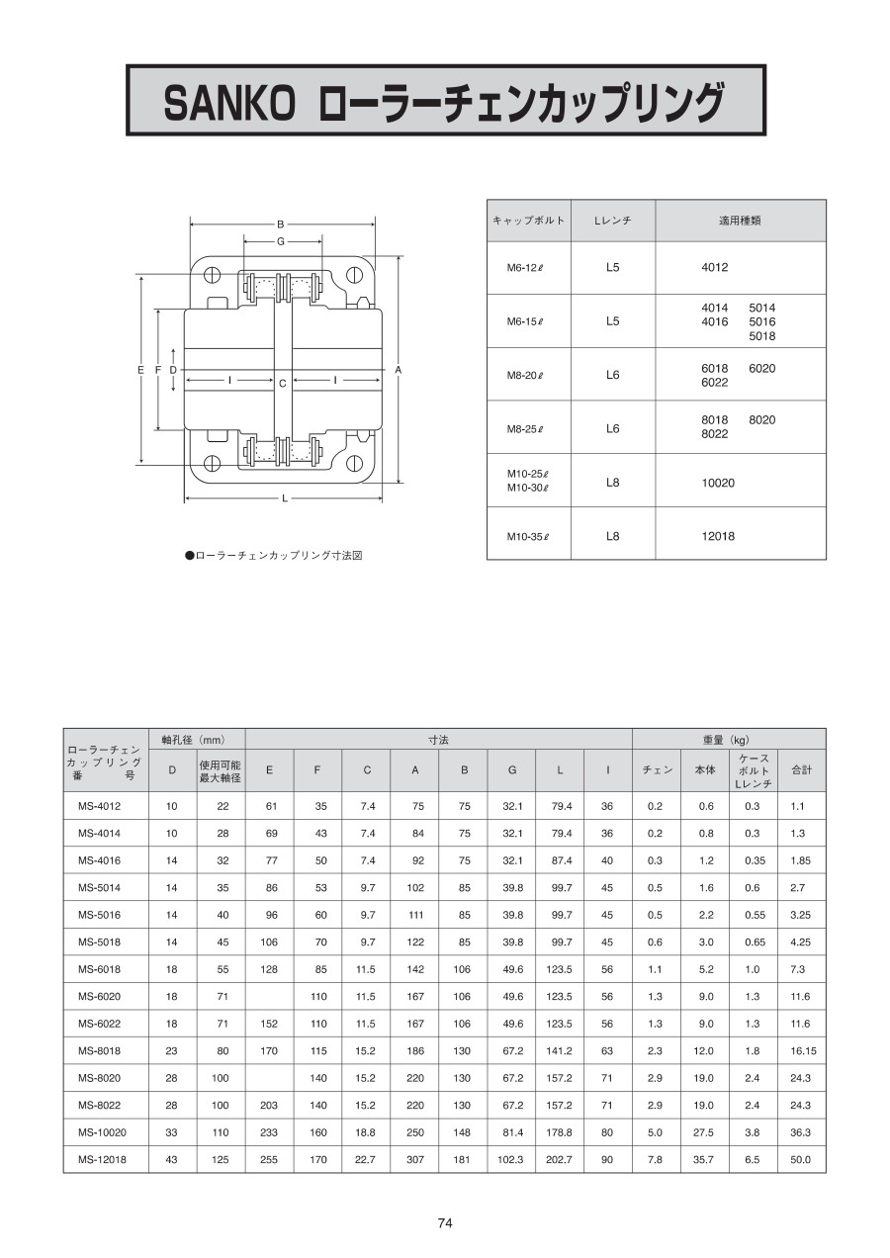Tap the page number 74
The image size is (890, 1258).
pyautogui.click(x=445, y=1223)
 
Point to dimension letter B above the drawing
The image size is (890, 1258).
pyautogui.click(x=281, y=225)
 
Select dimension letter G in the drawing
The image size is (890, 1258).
pyautogui.click(x=281, y=241)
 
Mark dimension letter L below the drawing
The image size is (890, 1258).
pyautogui.click(x=285, y=498)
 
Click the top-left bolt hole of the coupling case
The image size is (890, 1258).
pyautogui.click(x=213, y=276)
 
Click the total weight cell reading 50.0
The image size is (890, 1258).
pyautogui.click(x=801, y=1159)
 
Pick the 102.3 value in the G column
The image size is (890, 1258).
pyautogui.click(x=511, y=1159)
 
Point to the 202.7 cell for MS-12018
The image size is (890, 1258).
pyautogui.click(x=560, y=1159)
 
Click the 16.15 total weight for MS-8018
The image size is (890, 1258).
pyautogui.click(x=801, y=1051)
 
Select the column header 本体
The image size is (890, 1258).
pyautogui.click(x=705, y=769)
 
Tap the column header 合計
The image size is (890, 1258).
pyautogui.click(x=801, y=769)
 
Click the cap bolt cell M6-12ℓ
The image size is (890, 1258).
pyautogui.click(x=527, y=268)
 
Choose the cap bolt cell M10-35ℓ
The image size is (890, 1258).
pyautogui.click(x=527, y=537)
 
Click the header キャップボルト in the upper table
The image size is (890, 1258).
pyautogui.click(x=528, y=221)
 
